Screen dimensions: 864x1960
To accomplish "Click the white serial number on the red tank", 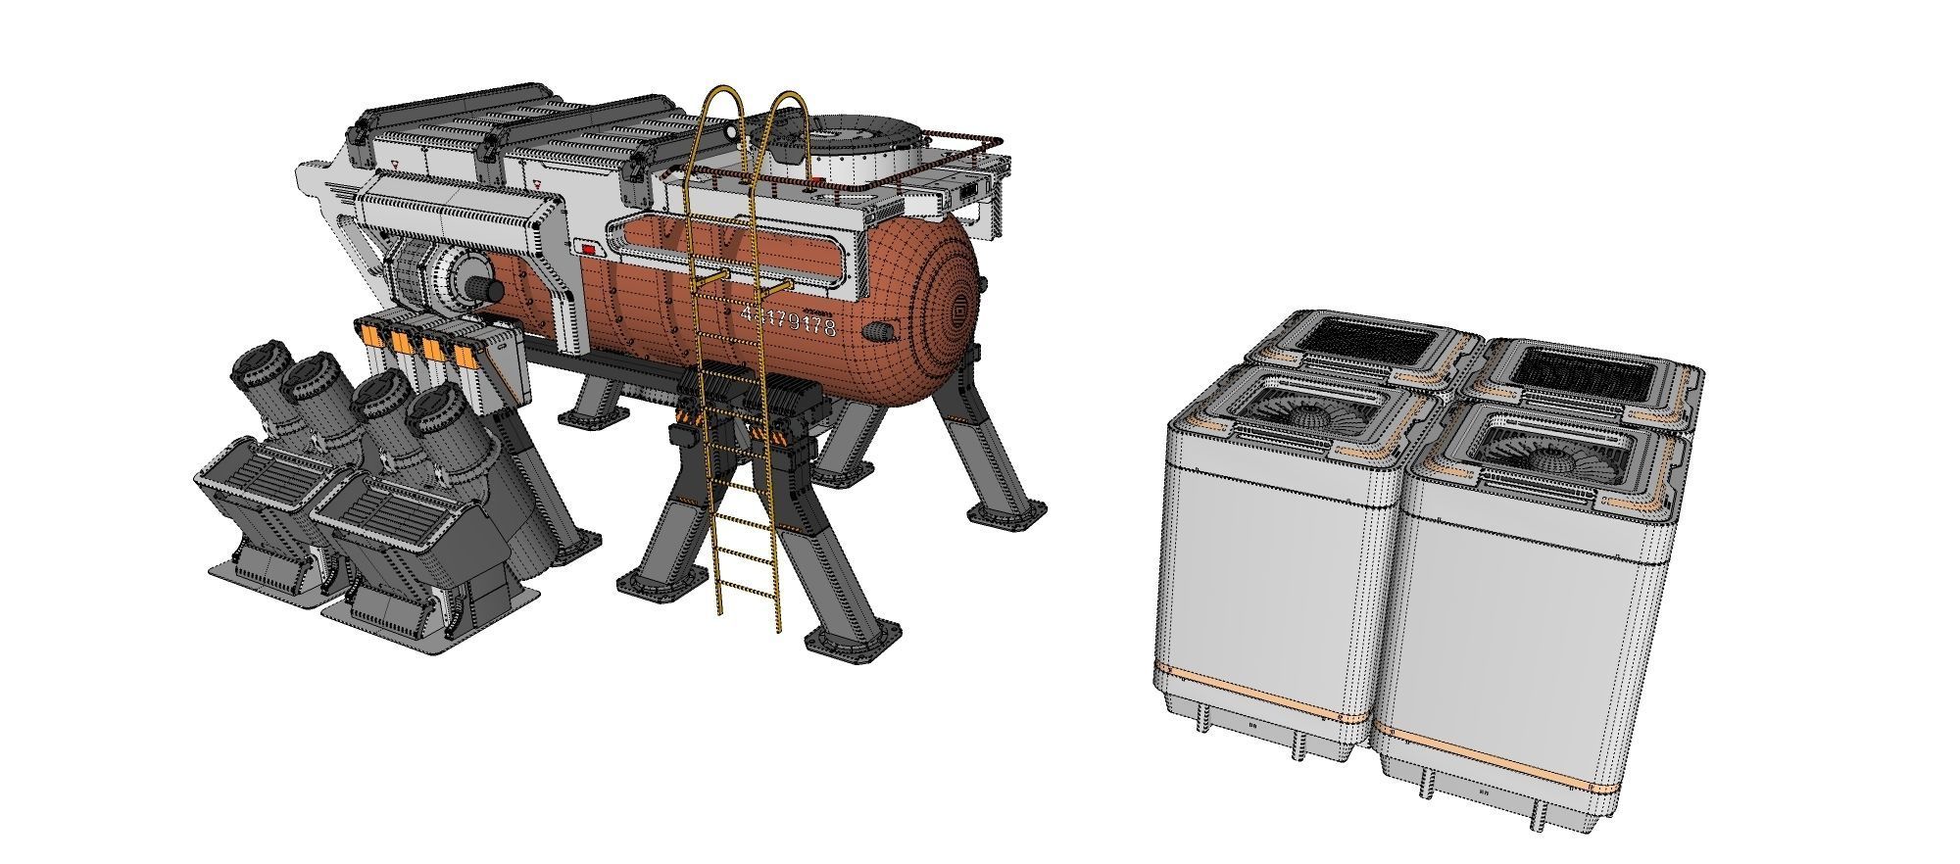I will pos(790,321).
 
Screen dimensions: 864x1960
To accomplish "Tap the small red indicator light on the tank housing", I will pos(588,251).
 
